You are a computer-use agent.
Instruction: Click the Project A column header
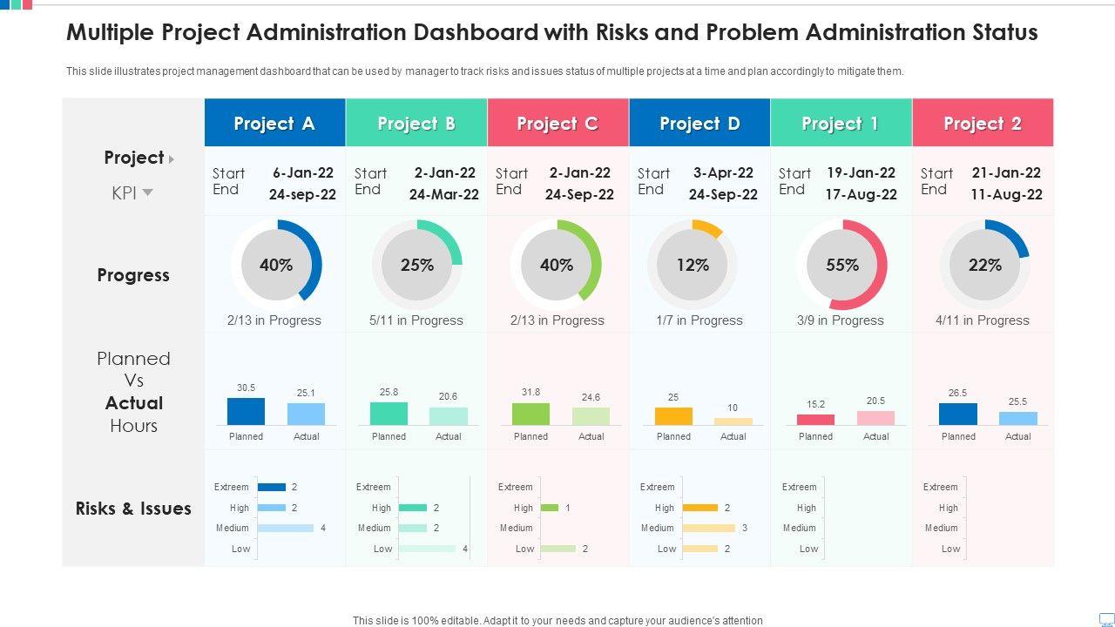coord(274,124)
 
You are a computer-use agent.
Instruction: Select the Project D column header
coord(699,124)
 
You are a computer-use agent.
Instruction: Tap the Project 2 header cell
coord(983,124)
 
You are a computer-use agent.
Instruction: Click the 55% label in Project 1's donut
coord(842,265)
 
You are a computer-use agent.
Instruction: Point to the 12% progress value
coord(693,265)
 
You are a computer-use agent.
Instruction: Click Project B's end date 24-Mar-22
coord(444,194)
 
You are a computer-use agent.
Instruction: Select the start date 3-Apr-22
coord(723,172)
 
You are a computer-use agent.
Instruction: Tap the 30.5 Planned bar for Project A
coord(246,411)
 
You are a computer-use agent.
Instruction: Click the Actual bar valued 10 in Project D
coord(733,421)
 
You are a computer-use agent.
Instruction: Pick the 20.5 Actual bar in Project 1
coord(875,418)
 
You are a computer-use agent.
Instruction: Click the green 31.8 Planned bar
coord(530,414)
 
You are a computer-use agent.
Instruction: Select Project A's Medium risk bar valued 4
coord(286,528)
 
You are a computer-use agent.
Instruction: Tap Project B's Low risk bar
coord(427,549)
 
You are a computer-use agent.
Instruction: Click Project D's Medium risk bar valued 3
coord(709,528)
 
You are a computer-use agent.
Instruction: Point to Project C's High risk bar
coord(550,508)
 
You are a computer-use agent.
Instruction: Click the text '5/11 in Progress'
coord(416,320)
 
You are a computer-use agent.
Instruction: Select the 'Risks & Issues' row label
coord(133,509)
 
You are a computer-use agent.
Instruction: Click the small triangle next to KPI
coord(148,192)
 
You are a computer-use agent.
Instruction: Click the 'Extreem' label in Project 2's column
coord(941,487)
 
